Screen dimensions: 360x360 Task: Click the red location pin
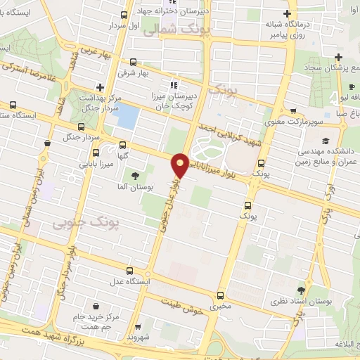point(181,164)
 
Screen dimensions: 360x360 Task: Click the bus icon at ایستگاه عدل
point(131,270)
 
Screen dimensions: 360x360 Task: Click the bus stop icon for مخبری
point(221,295)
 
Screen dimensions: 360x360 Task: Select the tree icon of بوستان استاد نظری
point(301,290)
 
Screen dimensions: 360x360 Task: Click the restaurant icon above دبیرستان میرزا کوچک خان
point(155,86)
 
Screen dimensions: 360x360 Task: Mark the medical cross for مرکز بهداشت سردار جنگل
point(101,88)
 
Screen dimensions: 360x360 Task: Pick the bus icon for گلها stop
point(96,150)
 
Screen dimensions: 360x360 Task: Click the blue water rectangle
point(127,116)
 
